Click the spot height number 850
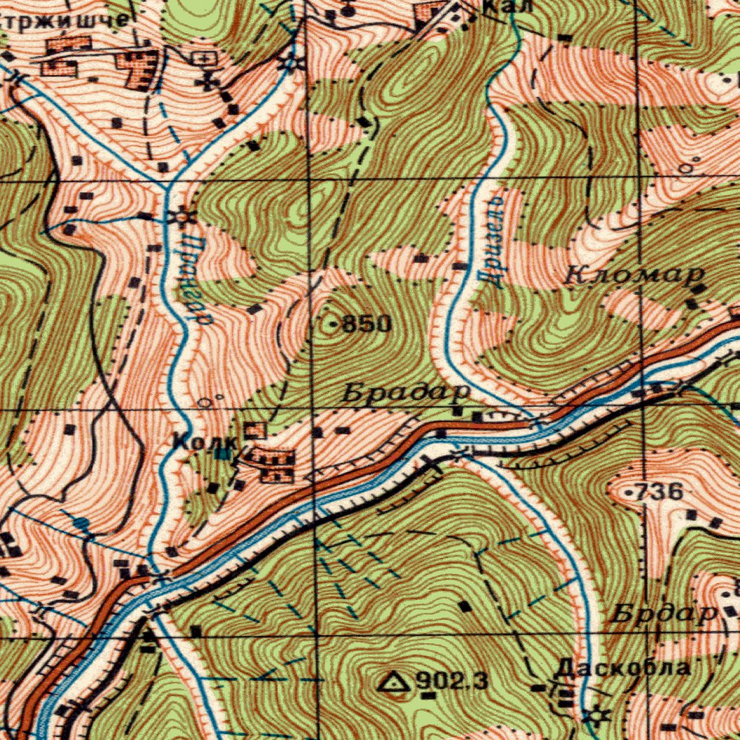point(366,324)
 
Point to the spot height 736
point(660,492)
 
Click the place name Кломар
point(634,275)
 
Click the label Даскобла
point(621,667)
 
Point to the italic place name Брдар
point(663,614)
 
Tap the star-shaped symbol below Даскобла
point(598,716)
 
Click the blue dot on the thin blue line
point(82,522)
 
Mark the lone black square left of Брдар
point(465,606)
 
